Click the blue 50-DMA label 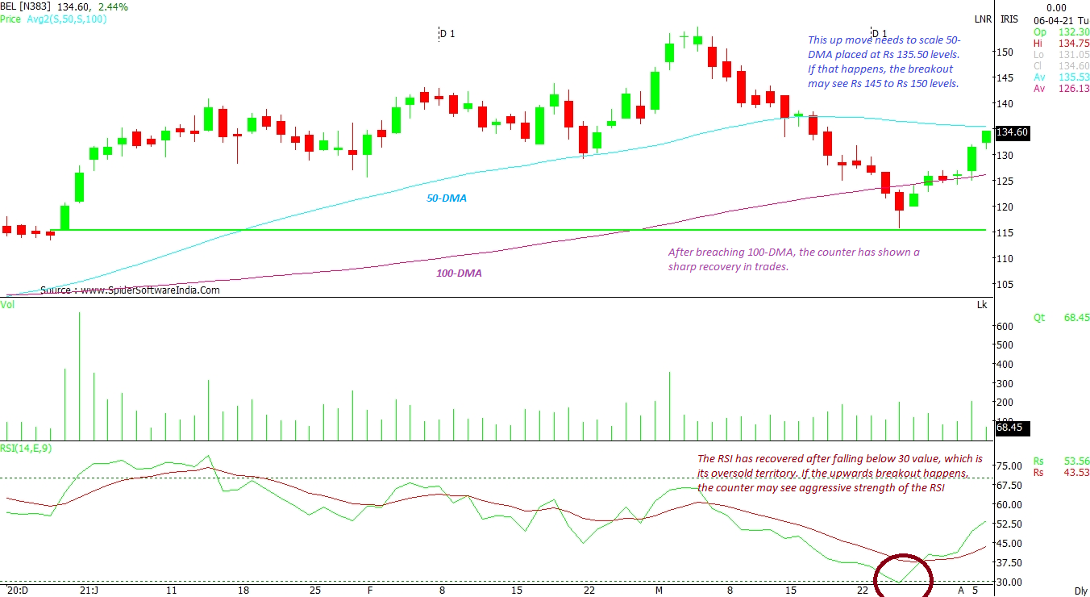pyautogui.click(x=447, y=198)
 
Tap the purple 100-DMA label pyautogui.click(x=459, y=273)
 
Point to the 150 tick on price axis pyautogui.click(x=1005, y=52)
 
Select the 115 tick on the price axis pyautogui.click(x=1005, y=232)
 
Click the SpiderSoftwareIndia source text pyautogui.click(x=130, y=290)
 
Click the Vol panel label pyautogui.click(x=7, y=304)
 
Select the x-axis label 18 pyautogui.click(x=243, y=591)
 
